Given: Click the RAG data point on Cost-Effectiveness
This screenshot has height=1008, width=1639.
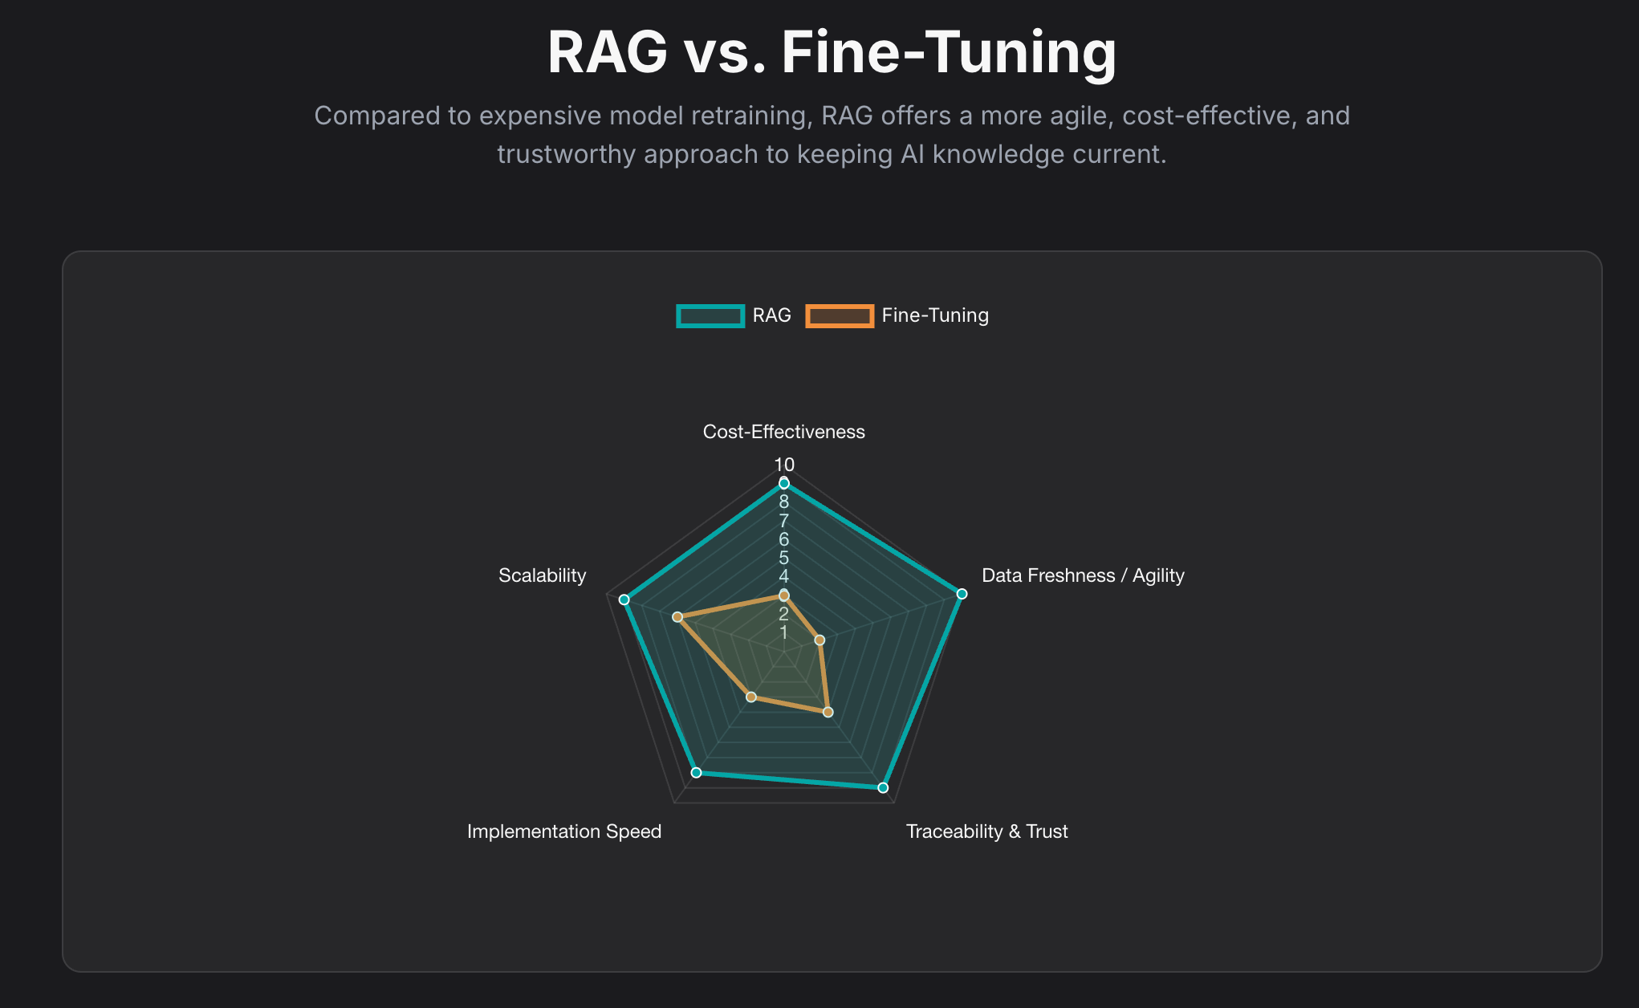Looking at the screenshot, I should (x=784, y=483).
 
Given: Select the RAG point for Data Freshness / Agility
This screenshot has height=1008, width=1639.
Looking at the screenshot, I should (x=962, y=594).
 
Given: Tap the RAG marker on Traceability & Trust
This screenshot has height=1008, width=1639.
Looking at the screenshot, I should (x=883, y=787).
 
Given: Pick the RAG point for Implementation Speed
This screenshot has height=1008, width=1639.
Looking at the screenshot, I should (x=697, y=772).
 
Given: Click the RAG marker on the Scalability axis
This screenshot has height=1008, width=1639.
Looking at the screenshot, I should (x=624, y=600).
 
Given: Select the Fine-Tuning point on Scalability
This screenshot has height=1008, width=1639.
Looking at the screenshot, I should (x=677, y=616).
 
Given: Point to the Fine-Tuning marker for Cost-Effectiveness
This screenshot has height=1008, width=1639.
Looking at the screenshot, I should (x=784, y=595).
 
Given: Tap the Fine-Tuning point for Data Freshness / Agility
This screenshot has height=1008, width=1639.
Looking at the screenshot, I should (x=819, y=640).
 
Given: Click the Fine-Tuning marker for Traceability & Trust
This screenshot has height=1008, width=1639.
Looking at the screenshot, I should (x=828, y=712).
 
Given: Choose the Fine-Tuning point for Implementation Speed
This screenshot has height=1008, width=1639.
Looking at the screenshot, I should (x=751, y=697).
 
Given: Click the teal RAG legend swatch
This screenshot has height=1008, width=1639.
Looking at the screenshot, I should (x=710, y=316).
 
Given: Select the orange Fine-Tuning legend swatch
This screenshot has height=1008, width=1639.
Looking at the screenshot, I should (x=840, y=316).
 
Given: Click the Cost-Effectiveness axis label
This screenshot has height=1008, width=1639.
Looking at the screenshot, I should (x=783, y=432).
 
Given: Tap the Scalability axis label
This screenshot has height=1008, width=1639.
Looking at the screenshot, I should (x=542, y=575).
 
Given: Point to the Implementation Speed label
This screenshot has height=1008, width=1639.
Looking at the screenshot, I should (x=563, y=831).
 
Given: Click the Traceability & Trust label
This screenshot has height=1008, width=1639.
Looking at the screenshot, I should (x=986, y=831).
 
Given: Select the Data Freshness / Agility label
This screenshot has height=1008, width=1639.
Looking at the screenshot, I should (x=1083, y=575).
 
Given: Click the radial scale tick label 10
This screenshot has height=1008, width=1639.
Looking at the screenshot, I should (x=784, y=464).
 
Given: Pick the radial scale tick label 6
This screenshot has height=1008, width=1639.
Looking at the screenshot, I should (x=784, y=539).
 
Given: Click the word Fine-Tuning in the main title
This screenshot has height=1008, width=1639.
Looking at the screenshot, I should (x=949, y=53).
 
